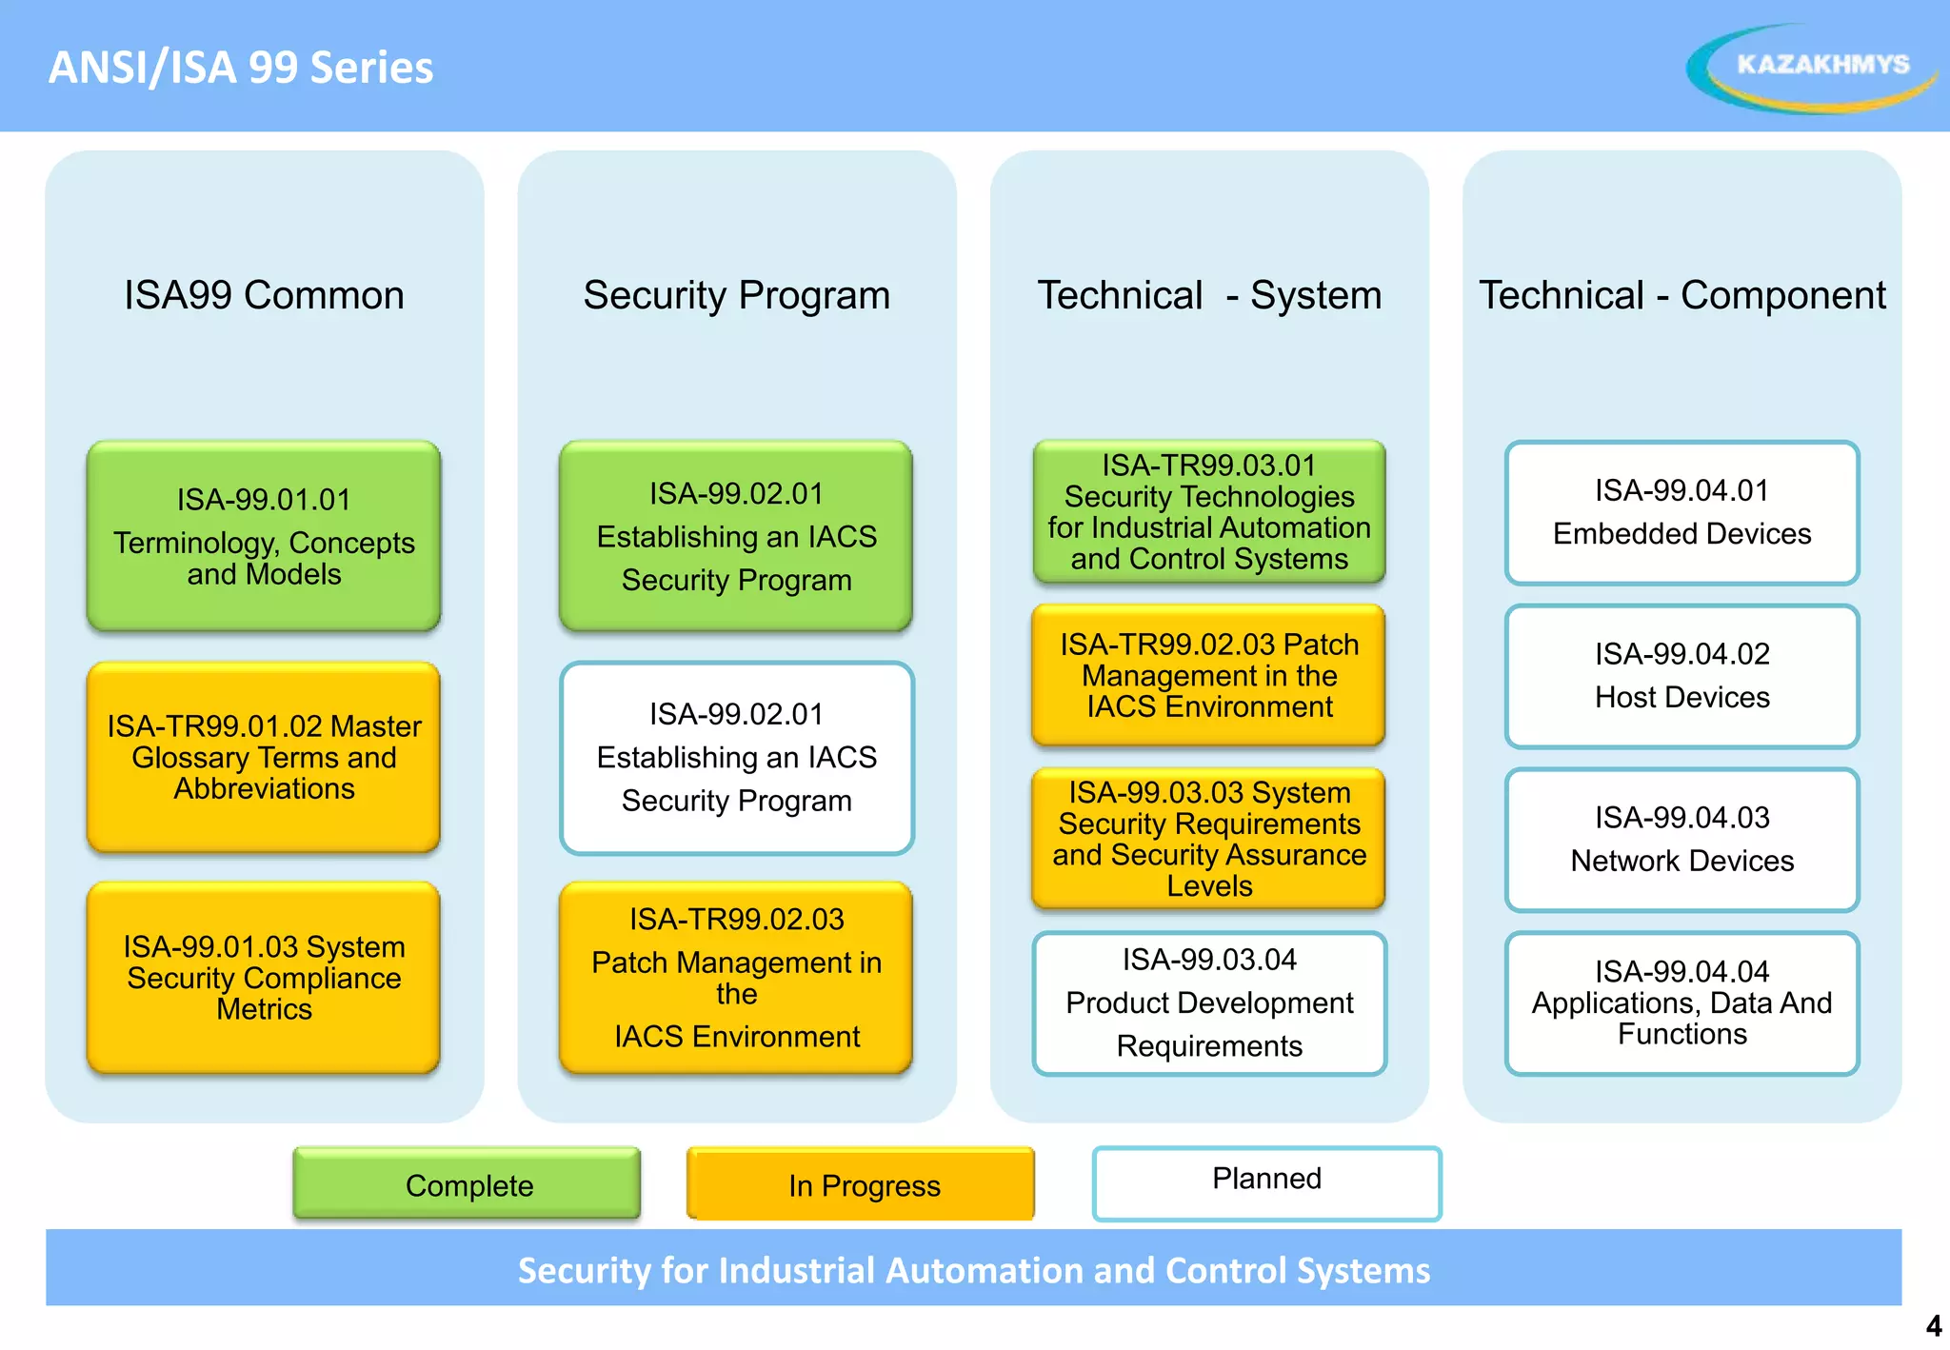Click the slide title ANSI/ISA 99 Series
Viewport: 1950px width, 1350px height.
241,68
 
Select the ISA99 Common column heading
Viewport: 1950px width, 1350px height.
264,295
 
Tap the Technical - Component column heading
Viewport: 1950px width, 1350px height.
1681,295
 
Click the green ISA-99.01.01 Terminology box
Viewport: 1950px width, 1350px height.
264,536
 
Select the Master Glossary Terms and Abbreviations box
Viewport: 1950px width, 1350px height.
264,757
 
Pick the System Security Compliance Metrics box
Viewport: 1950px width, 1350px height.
264,978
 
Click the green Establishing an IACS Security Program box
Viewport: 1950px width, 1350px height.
736,536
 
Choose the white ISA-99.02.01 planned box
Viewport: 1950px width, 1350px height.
736,757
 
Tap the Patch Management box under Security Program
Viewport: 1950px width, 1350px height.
736,978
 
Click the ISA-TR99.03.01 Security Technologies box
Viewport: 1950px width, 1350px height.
1209,512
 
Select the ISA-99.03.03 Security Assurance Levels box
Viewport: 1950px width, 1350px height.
1209,839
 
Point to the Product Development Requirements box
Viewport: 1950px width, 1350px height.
1209,1003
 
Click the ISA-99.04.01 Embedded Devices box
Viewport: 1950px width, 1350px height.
1681,512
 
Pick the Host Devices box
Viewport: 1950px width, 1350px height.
1681,676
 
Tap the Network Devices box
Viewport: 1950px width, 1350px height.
1681,840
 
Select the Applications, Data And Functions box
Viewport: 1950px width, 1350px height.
1681,1003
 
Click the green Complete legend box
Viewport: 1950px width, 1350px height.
468,1184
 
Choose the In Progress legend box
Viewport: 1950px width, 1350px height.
862,1184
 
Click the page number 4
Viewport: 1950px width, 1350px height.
1933,1326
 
